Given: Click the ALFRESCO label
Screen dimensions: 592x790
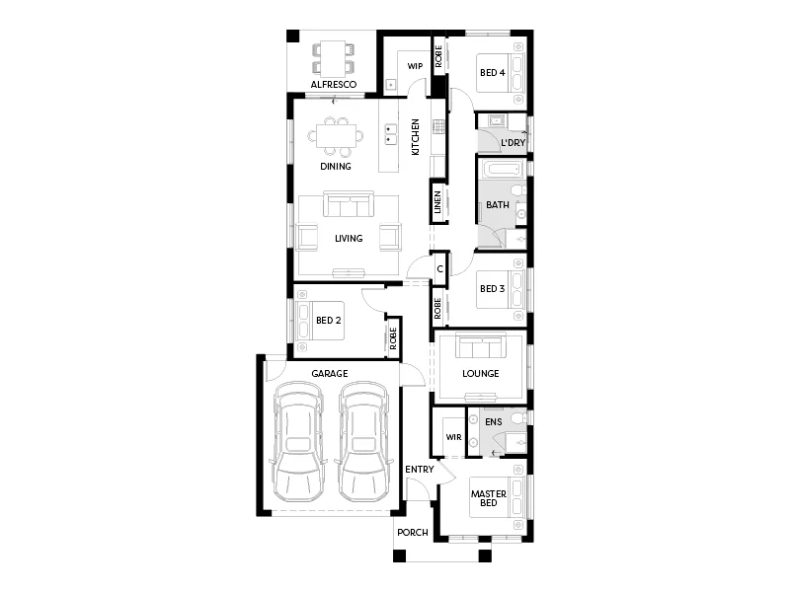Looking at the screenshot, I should [x=333, y=86].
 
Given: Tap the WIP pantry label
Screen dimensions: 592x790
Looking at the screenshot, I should [x=416, y=66].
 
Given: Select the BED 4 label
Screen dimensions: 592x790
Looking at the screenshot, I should [x=492, y=73].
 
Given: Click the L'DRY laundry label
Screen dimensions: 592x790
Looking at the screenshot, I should [x=512, y=143].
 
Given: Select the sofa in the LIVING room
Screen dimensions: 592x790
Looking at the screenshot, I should [x=350, y=206].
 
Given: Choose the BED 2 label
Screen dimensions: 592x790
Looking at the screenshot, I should [x=328, y=321].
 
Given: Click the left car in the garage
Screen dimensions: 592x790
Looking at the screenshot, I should [x=299, y=440].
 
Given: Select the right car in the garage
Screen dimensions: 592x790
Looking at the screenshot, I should [x=361, y=440].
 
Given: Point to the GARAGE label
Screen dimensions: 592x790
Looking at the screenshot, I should [x=330, y=374].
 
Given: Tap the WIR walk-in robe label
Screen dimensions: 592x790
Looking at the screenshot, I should [x=453, y=436].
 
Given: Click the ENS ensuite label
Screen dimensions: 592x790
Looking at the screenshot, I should [x=494, y=422].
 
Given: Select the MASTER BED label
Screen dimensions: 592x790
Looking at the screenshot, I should [x=488, y=498].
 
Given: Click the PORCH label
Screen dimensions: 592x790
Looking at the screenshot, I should [x=413, y=533].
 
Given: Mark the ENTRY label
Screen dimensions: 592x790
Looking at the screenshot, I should [x=420, y=470].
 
